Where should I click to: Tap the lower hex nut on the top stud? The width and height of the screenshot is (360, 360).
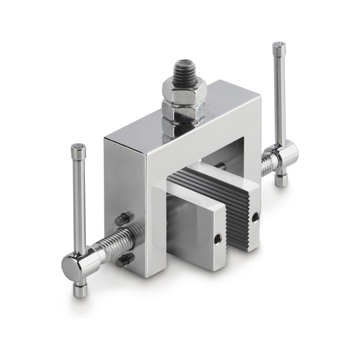pos(179,112)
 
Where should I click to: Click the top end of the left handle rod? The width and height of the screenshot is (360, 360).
pos(77,149)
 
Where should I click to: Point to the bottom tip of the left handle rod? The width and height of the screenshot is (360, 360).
pos(79,291)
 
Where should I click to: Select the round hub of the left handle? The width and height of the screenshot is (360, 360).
pos(76,265)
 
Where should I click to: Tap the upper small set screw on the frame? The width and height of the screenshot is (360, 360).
pos(122,219)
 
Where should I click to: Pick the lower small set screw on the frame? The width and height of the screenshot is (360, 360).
pos(124,259)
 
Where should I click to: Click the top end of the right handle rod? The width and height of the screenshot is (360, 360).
pos(279,47)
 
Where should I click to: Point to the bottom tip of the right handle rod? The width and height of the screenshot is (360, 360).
pos(281,181)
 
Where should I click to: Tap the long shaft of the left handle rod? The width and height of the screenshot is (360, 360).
pos(79,200)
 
